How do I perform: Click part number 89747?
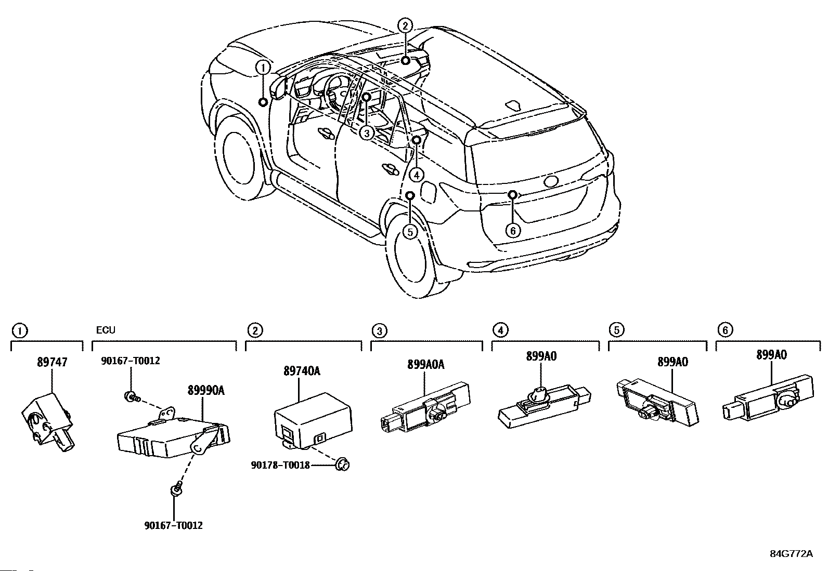(x=52, y=362)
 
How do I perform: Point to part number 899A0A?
(x=425, y=365)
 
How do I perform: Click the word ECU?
(x=106, y=330)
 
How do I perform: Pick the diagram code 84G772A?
(x=791, y=554)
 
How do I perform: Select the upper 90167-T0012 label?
(x=130, y=361)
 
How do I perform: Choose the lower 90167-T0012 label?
(x=173, y=525)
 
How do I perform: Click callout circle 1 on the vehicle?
(x=263, y=68)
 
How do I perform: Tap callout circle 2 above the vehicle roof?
(x=405, y=25)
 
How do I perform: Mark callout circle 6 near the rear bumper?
(x=513, y=230)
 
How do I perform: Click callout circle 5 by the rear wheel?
(x=410, y=231)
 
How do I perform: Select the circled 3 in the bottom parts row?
(x=380, y=330)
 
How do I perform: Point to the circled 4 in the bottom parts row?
(x=500, y=330)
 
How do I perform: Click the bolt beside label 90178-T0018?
(x=342, y=465)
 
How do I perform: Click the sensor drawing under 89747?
(x=46, y=421)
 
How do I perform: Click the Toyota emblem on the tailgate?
(x=550, y=182)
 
